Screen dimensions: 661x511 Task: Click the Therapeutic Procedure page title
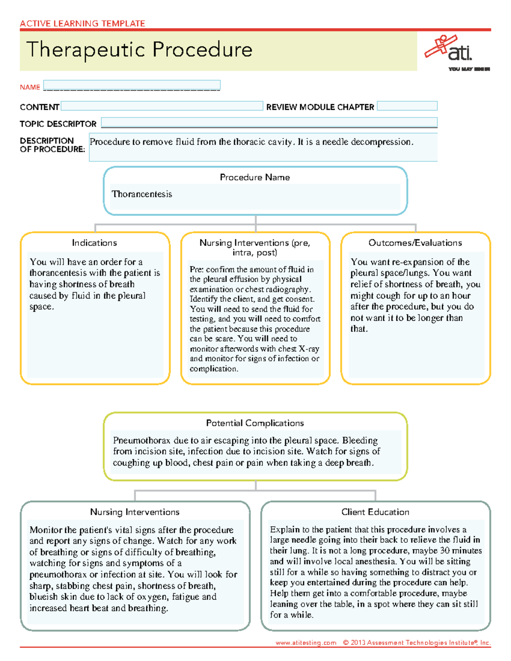click(x=139, y=50)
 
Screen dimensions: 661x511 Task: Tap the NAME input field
click(x=132, y=85)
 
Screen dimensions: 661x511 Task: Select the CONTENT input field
click(x=162, y=106)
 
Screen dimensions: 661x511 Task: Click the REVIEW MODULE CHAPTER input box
click(x=407, y=106)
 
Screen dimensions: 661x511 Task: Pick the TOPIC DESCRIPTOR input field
click(x=269, y=123)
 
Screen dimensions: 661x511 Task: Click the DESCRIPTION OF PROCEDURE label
click(x=52, y=145)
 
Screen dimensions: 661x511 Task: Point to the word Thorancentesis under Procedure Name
click(x=142, y=194)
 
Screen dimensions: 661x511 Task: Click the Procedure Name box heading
click(x=255, y=177)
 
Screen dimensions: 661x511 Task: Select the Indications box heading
click(x=94, y=243)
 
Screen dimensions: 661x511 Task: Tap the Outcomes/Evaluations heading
click(x=415, y=243)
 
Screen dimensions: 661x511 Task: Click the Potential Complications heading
click(x=255, y=423)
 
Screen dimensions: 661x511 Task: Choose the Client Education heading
click(x=375, y=512)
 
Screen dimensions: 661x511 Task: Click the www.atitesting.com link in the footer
click(x=306, y=643)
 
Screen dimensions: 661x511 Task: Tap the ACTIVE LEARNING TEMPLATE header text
click(x=82, y=23)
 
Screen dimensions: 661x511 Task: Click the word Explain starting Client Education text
click(x=284, y=529)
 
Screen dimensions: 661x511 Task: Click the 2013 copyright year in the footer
click(x=358, y=643)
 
